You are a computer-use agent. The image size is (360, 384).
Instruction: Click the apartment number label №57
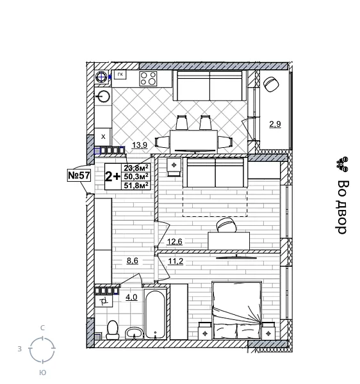[x=79, y=174]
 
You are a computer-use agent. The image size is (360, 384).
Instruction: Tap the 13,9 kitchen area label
[x=139, y=145]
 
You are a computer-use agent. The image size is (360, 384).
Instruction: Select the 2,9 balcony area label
[x=274, y=124]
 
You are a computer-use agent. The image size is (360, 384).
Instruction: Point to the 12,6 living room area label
[x=175, y=241]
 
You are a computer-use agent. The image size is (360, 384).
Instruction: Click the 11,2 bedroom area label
[x=176, y=261]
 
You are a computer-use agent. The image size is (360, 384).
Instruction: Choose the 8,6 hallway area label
[x=132, y=261]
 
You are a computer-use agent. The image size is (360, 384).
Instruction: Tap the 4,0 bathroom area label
[x=131, y=297]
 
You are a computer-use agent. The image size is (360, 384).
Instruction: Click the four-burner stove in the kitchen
[x=149, y=78]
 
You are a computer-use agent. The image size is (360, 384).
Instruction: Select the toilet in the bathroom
[x=113, y=329]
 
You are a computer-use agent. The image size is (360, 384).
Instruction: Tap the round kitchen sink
[x=104, y=97]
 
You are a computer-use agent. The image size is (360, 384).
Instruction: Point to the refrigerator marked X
[x=103, y=136]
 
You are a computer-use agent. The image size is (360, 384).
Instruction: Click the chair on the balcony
[x=271, y=84]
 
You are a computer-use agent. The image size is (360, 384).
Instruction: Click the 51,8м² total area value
[x=136, y=186]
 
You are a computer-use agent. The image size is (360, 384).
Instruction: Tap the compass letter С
[x=42, y=328]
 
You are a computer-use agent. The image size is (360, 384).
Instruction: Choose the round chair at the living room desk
[x=225, y=225]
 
